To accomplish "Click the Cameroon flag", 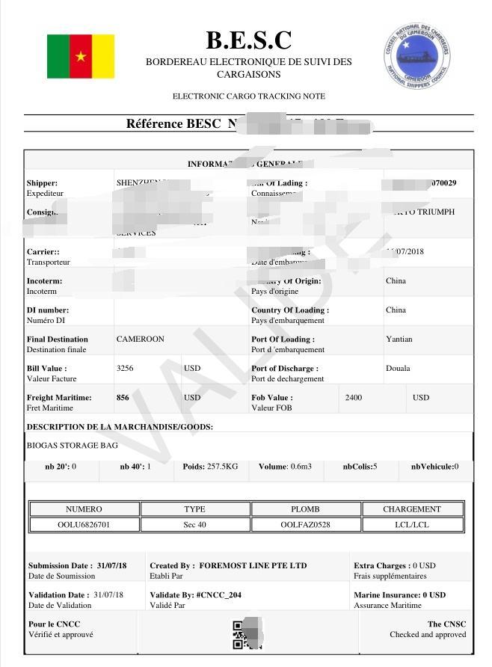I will [81, 56].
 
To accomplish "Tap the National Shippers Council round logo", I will [417, 53].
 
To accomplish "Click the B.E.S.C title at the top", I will [248, 40].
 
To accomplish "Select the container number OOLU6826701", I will [84, 524].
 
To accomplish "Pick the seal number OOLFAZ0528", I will [305, 524].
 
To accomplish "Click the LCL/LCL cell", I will [412, 524].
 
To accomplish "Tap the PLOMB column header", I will [305, 509].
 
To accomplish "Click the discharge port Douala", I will [398, 369].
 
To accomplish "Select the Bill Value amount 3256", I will [125, 369].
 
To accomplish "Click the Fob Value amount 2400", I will [353, 398].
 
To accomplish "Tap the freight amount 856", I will [123, 398].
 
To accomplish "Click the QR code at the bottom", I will [242, 634].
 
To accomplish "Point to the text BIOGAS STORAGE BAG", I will [73, 446].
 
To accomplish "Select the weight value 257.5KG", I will [221, 467].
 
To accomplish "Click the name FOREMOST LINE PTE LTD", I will [253, 566].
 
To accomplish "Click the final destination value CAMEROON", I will [140, 339].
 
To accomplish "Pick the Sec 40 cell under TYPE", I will [194, 524].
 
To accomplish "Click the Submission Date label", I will [61, 566].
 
